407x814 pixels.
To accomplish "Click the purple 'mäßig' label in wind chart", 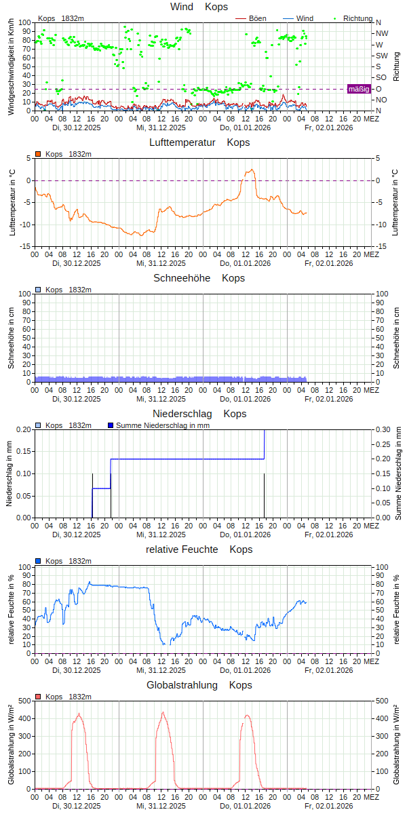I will [x=359, y=89].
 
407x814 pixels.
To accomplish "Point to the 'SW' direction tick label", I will [x=382, y=56].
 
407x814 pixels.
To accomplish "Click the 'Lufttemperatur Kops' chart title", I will [x=199, y=142].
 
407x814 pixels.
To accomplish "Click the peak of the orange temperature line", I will [x=252, y=170].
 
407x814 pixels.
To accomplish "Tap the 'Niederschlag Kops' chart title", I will [x=199, y=414].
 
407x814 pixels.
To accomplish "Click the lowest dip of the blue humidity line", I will [x=163, y=644].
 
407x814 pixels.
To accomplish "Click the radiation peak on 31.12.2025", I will [x=162, y=712].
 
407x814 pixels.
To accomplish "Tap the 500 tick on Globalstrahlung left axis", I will [x=24, y=701].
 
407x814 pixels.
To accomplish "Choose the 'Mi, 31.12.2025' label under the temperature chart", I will [x=161, y=263].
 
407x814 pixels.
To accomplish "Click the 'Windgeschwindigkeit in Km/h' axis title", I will [x=12, y=66].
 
